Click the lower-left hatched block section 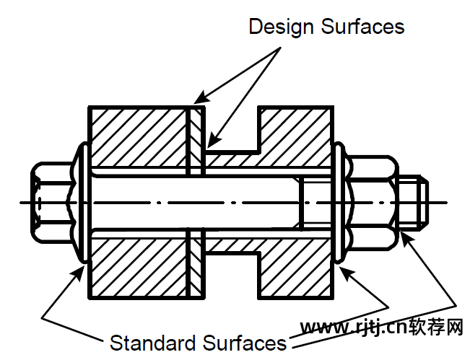coord(137,263)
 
